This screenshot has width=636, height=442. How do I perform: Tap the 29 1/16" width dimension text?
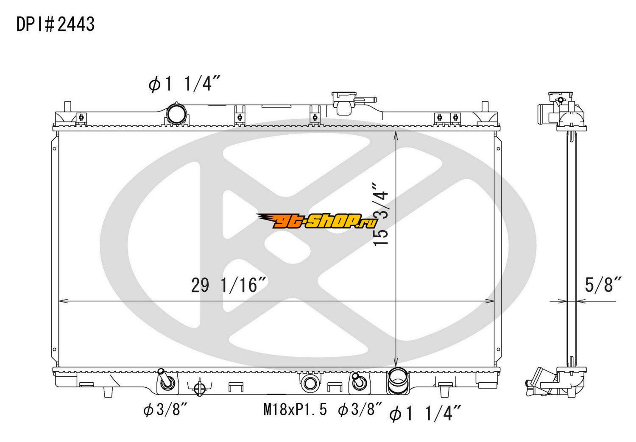click(229, 285)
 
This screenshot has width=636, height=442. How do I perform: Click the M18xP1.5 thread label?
click(295, 410)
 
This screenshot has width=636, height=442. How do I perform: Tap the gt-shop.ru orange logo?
click(317, 221)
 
